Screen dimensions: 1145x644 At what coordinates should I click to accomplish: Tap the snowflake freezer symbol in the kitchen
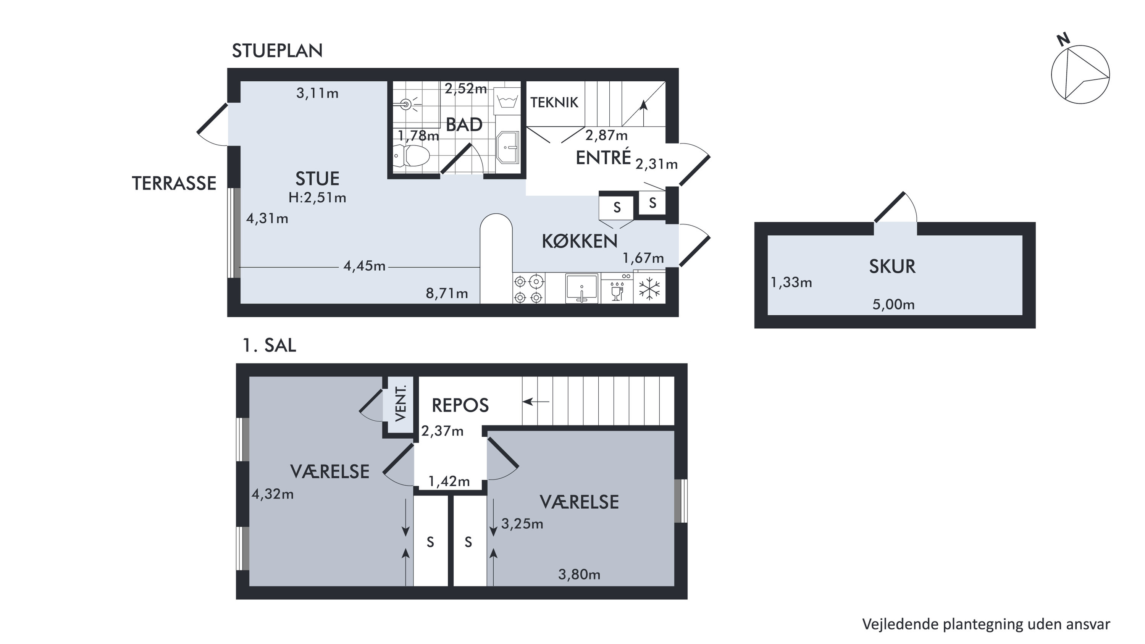click(x=649, y=289)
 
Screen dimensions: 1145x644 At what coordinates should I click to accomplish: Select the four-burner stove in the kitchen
click(x=529, y=289)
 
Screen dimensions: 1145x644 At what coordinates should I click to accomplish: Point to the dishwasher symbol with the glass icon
click(x=617, y=289)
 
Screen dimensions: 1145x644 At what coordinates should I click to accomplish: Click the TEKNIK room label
click(x=554, y=103)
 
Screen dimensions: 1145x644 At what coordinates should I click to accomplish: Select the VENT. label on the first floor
click(x=401, y=404)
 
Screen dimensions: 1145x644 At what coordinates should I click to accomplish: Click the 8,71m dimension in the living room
click(x=447, y=293)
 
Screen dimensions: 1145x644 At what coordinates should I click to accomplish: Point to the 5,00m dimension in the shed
click(x=893, y=305)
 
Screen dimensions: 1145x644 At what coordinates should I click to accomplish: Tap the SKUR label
click(x=892, y=267)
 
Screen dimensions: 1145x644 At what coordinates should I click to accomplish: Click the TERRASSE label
click(x=174, y=184)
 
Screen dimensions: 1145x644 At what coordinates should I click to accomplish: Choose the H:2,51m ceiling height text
click(x=317, y=198)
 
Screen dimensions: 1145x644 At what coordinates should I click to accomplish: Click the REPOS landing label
click(x=460, y=405)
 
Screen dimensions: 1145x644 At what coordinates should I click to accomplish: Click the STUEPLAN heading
click(x=277, y=51)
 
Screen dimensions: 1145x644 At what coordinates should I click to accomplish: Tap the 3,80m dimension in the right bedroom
click(x=579, y=575)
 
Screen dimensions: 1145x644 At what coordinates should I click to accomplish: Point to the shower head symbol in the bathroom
click(x=406, y=105)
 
